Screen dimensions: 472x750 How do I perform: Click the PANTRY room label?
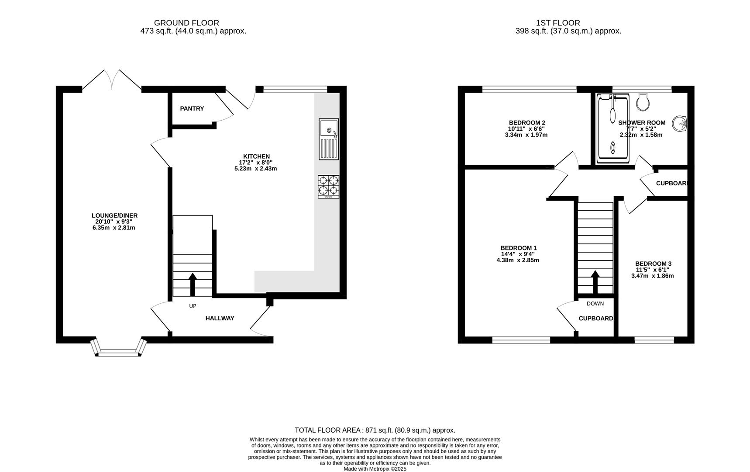(192, 108)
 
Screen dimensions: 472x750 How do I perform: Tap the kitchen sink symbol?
(328, 139)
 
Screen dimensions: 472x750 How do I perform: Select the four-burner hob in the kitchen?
(328, 186)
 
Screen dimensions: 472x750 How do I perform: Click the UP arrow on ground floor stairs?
(192, 285)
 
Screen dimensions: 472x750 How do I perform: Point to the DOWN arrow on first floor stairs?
(595, 282)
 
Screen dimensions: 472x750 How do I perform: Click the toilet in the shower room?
(643, 102)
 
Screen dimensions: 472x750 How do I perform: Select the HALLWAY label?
(220, 318)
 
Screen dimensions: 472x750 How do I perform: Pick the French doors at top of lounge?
(112, 80)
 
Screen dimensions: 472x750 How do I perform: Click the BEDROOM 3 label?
(653, 264)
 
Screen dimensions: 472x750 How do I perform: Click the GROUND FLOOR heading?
(186, 23)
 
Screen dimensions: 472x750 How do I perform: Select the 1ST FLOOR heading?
(558, 23)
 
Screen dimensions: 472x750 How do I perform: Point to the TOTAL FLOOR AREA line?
(375, 430)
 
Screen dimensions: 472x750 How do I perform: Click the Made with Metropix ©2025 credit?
(375, 469)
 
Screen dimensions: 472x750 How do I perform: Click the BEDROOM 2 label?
(526, 123)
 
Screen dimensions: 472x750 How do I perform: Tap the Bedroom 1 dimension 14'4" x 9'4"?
(517, 254)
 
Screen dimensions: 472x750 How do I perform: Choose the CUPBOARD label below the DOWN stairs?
(595, 319)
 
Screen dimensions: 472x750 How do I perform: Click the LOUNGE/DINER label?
(114, 215)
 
